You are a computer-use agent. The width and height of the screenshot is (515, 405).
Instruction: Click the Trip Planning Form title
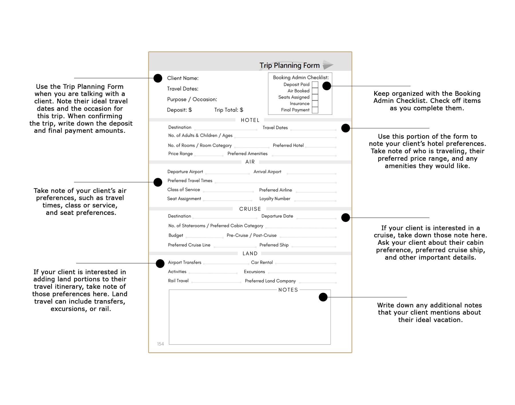(x=289, y=66)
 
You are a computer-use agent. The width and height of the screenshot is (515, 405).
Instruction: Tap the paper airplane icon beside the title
(x=328, y=65)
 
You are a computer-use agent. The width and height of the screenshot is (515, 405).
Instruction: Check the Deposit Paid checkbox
(x=315, y=85)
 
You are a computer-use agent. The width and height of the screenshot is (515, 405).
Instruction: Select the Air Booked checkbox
(x=315, y=91)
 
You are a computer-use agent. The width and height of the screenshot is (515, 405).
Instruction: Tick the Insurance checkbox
(x=315, y=104)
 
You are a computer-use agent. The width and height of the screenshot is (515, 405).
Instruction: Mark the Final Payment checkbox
(x=315, y=110)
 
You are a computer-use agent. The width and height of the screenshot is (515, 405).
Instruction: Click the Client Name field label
(x=183, y=78)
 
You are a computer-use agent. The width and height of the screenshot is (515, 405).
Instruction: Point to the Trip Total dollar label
(x=229, y=110)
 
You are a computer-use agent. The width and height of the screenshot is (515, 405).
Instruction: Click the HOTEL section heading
(x=250, y=120)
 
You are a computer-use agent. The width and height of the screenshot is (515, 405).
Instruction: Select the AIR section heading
(x=250, y=162)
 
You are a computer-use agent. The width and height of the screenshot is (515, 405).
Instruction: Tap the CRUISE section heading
(x=250, y=209)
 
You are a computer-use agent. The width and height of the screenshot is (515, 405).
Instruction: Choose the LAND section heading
(x=250, y=253)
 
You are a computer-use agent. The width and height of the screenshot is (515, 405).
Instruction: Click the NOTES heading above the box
(x=288, y=290)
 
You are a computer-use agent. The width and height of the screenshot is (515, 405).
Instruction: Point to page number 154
(x=161, y=344)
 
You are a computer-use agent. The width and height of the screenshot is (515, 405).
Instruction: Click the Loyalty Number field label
(x=275, y=199)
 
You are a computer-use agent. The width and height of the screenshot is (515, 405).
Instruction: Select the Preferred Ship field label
(x=274, y=245)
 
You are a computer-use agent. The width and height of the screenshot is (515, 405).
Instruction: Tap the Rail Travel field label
(x=178, y=281)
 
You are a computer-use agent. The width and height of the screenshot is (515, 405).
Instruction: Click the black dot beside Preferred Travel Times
(x=158, y=182)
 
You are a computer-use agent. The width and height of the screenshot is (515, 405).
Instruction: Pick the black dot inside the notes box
(x=323, y=297)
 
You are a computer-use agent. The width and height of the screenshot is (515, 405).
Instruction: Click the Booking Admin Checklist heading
(x=301, y=78)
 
